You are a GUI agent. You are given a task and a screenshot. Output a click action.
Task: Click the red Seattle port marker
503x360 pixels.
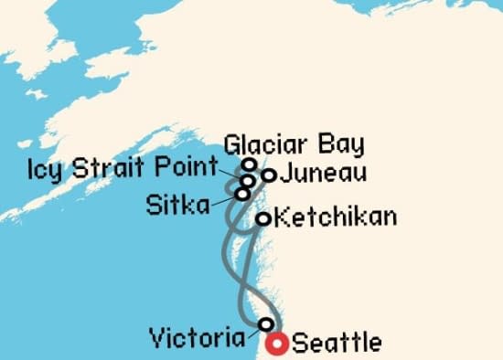tap(277, 344)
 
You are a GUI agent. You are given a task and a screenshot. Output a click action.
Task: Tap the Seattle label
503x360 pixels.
tap(337, 344)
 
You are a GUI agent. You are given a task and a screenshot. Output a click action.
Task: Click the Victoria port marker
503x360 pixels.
tap(266, 324)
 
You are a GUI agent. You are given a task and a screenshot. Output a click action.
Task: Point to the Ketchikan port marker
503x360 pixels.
tap(262, 218)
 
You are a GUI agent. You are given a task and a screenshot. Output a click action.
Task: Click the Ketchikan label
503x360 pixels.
tap(336, 217)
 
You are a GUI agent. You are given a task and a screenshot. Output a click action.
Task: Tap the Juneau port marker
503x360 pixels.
tap(269, 174)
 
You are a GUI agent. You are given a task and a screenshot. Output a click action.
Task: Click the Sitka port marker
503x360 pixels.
tap(242, 194)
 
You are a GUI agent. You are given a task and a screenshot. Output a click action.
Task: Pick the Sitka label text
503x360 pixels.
tap(177, 203)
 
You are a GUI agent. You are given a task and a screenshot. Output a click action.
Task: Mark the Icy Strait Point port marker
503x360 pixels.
tap(248, 181)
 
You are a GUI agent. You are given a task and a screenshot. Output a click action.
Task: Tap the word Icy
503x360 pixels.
tap(46, 169)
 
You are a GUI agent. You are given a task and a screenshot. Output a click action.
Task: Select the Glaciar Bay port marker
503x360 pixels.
tap(249, 164)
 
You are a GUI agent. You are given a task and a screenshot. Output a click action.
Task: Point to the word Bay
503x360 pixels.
tap(341, 144)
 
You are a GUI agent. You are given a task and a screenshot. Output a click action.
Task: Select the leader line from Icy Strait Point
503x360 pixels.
tap(231, 173)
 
